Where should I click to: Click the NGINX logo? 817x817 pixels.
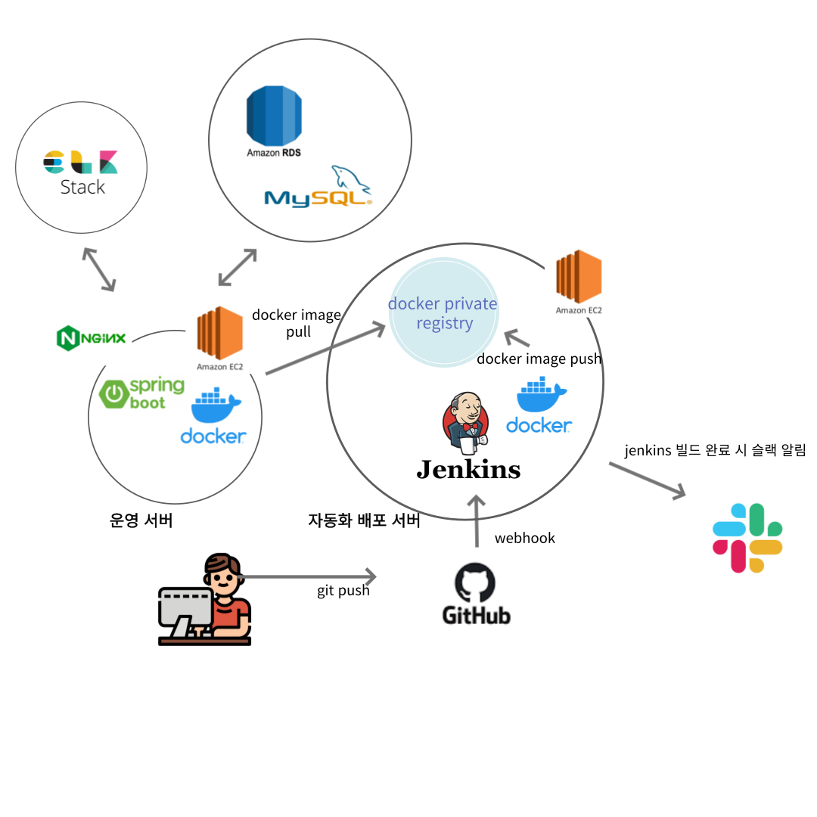(x=92, y=337)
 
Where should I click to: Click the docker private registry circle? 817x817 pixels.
(x=443, y=313)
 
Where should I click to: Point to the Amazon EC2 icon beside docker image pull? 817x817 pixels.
(x=219, y=334)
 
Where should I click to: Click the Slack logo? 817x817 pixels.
(x=747, y=538)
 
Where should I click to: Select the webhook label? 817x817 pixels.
(x=524, y=539)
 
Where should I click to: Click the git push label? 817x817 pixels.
(x=343, y=591)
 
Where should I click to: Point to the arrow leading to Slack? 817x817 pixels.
(x=647, y=480)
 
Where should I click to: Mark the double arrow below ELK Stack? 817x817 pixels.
(x=99, y=269)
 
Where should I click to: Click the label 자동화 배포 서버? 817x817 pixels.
(x=364, y=521)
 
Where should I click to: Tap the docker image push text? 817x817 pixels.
(x=539, y=359)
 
